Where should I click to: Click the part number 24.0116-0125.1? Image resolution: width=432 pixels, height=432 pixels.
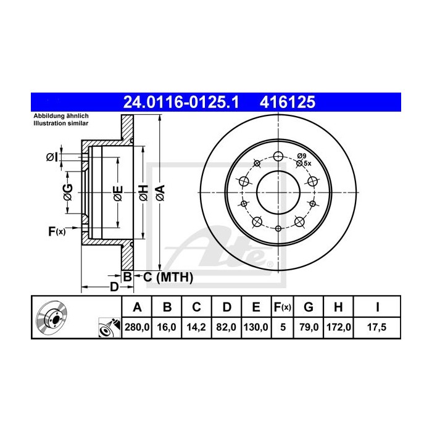pos(181,102)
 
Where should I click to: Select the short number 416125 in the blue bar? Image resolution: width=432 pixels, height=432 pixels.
pos(288,102)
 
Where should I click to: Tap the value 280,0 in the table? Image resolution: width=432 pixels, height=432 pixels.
pos(137,327)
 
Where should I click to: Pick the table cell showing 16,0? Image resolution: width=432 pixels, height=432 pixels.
pos(167,327)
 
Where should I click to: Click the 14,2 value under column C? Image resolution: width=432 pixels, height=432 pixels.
pos(196,327)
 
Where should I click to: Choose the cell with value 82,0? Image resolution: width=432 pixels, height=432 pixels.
pos(226,327)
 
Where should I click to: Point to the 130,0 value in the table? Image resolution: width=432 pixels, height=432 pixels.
pos(256,327)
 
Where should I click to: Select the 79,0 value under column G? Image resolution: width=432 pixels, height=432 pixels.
pos(309,327)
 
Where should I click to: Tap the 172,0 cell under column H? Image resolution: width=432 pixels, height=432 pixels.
pos(339,327)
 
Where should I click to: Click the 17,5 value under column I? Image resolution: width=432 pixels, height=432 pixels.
pos(376,327)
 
